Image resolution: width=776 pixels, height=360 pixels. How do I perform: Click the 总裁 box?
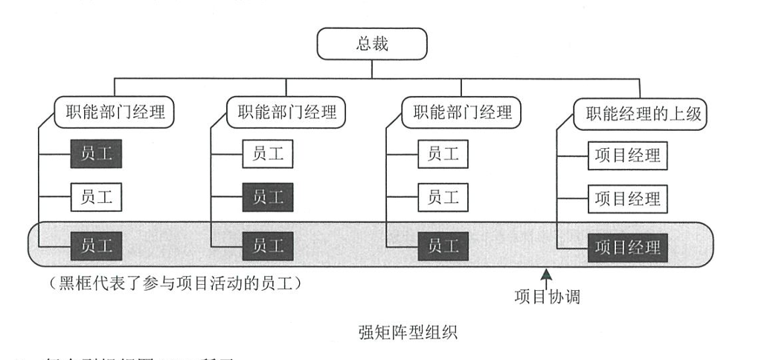click(372, 45)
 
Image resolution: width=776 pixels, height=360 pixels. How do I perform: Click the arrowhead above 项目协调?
click(547, 275)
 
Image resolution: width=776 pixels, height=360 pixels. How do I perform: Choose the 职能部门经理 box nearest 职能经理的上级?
click(457, 114)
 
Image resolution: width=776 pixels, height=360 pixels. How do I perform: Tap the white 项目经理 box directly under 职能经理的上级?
click(627, 155)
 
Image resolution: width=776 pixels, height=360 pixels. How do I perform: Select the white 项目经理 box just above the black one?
click(627, 199)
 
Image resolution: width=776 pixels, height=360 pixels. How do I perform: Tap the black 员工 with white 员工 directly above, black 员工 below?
click(267, 198)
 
